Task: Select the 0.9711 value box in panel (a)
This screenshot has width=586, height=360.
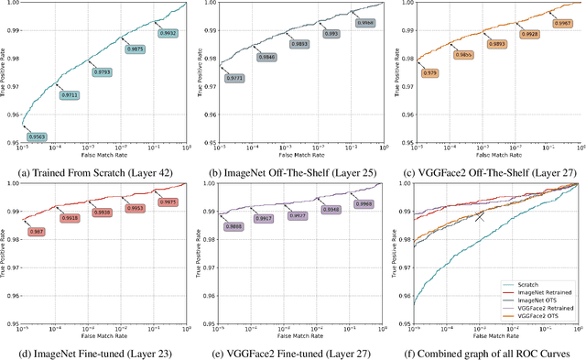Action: point(70,95)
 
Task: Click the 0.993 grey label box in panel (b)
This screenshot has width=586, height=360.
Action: point(332,34)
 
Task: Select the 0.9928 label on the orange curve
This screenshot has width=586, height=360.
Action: point(530,33)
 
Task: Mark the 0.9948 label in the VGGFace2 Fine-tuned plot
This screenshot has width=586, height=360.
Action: point(331,210)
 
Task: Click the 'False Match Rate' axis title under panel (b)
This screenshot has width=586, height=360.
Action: point(295,156)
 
